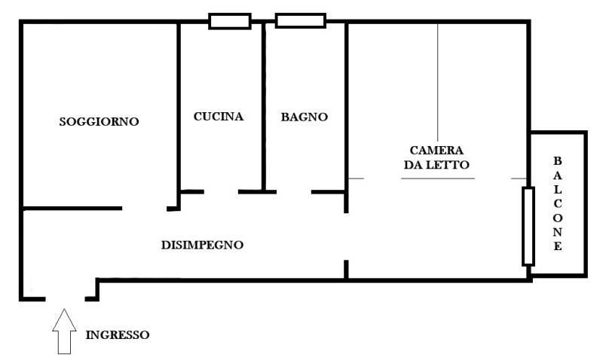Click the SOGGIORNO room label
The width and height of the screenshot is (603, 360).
pyautogui.click(x=99, y=122)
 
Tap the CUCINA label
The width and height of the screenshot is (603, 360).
pyautogui.click(x=219, y=117)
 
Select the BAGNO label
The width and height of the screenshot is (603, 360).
pyautogui.click(x=305, y=117)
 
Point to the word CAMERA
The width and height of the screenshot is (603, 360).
pyautogui.click(x=436, y=150)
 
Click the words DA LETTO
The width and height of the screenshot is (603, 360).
pyautogui.click(x=436, y=165)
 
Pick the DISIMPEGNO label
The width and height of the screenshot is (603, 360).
pyautogui.click(x=202, y=245)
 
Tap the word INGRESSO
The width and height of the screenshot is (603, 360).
pyautogui.click(x=118, y=334)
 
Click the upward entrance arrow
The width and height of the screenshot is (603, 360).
pyautogui.click(x=64, y=331)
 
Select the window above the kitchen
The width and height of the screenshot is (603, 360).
pyautogui.click(x=230, y=21)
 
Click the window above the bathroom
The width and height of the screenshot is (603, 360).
pyautogui.click(x=301, y=21)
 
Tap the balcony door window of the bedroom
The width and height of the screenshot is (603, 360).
pyautogui.click(x=528, y=226)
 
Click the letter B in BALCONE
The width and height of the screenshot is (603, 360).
pyautogui.click(x=557, y=161)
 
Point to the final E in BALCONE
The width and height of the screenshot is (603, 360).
pyautogui.click(x=558, y=246)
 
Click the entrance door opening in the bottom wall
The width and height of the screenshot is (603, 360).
pyautogui.click(x=65, y=298)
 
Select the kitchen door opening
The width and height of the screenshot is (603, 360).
pyautogui.click(x=221, y=192)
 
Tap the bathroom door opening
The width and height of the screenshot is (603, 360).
pyautogui.click(x=294, y=192)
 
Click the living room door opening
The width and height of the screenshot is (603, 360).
pyautogui.click(x=144, y=209)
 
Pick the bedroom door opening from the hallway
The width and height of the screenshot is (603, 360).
pyautogui.click(x=346, y=236)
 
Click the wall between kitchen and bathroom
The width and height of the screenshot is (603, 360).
pyautogui.click(x=263, y=107)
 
